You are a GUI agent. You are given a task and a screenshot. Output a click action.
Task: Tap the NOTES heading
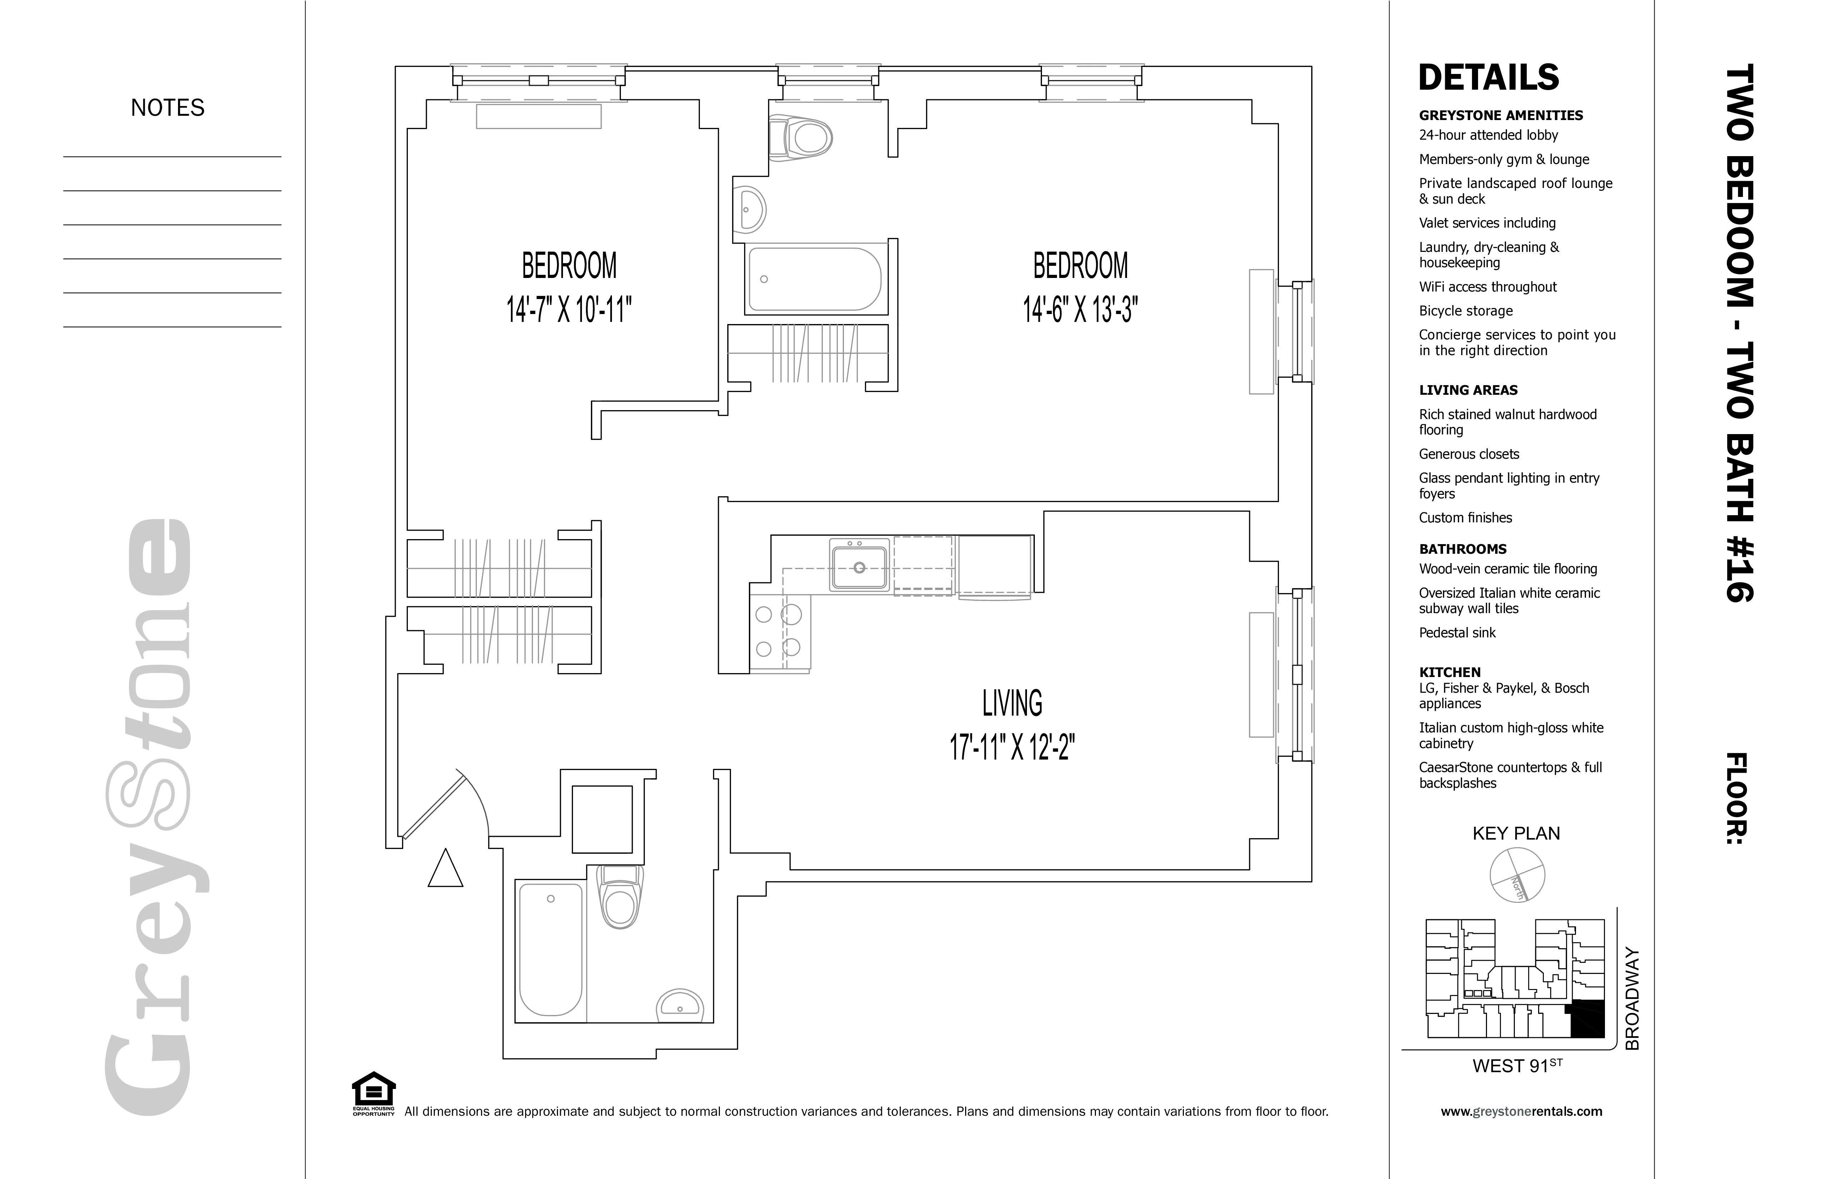(x=168, y=108)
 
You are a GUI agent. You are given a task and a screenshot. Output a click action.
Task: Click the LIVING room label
(x=1012, y=703)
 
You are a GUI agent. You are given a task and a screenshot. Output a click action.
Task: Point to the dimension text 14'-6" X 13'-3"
(x=1080, y=310)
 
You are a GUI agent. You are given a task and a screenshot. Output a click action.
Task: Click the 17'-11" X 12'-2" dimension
(x=1012, y=746)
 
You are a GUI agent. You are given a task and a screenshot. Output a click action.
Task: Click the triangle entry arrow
(x=445, y=870)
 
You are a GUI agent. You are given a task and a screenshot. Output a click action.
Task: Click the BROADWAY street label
(x=1631, y=999)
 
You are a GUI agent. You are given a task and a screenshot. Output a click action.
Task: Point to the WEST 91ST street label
(x=1517, y=1066)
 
